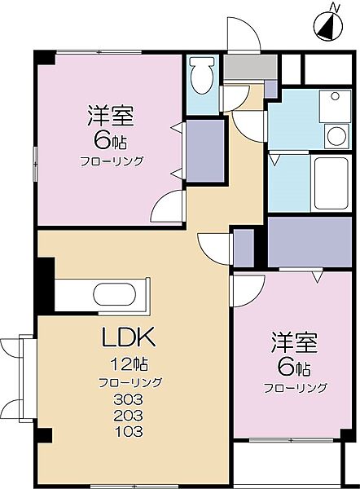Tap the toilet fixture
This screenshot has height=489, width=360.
tap(200, 78)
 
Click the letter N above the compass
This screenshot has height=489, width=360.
tap(333, 8)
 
